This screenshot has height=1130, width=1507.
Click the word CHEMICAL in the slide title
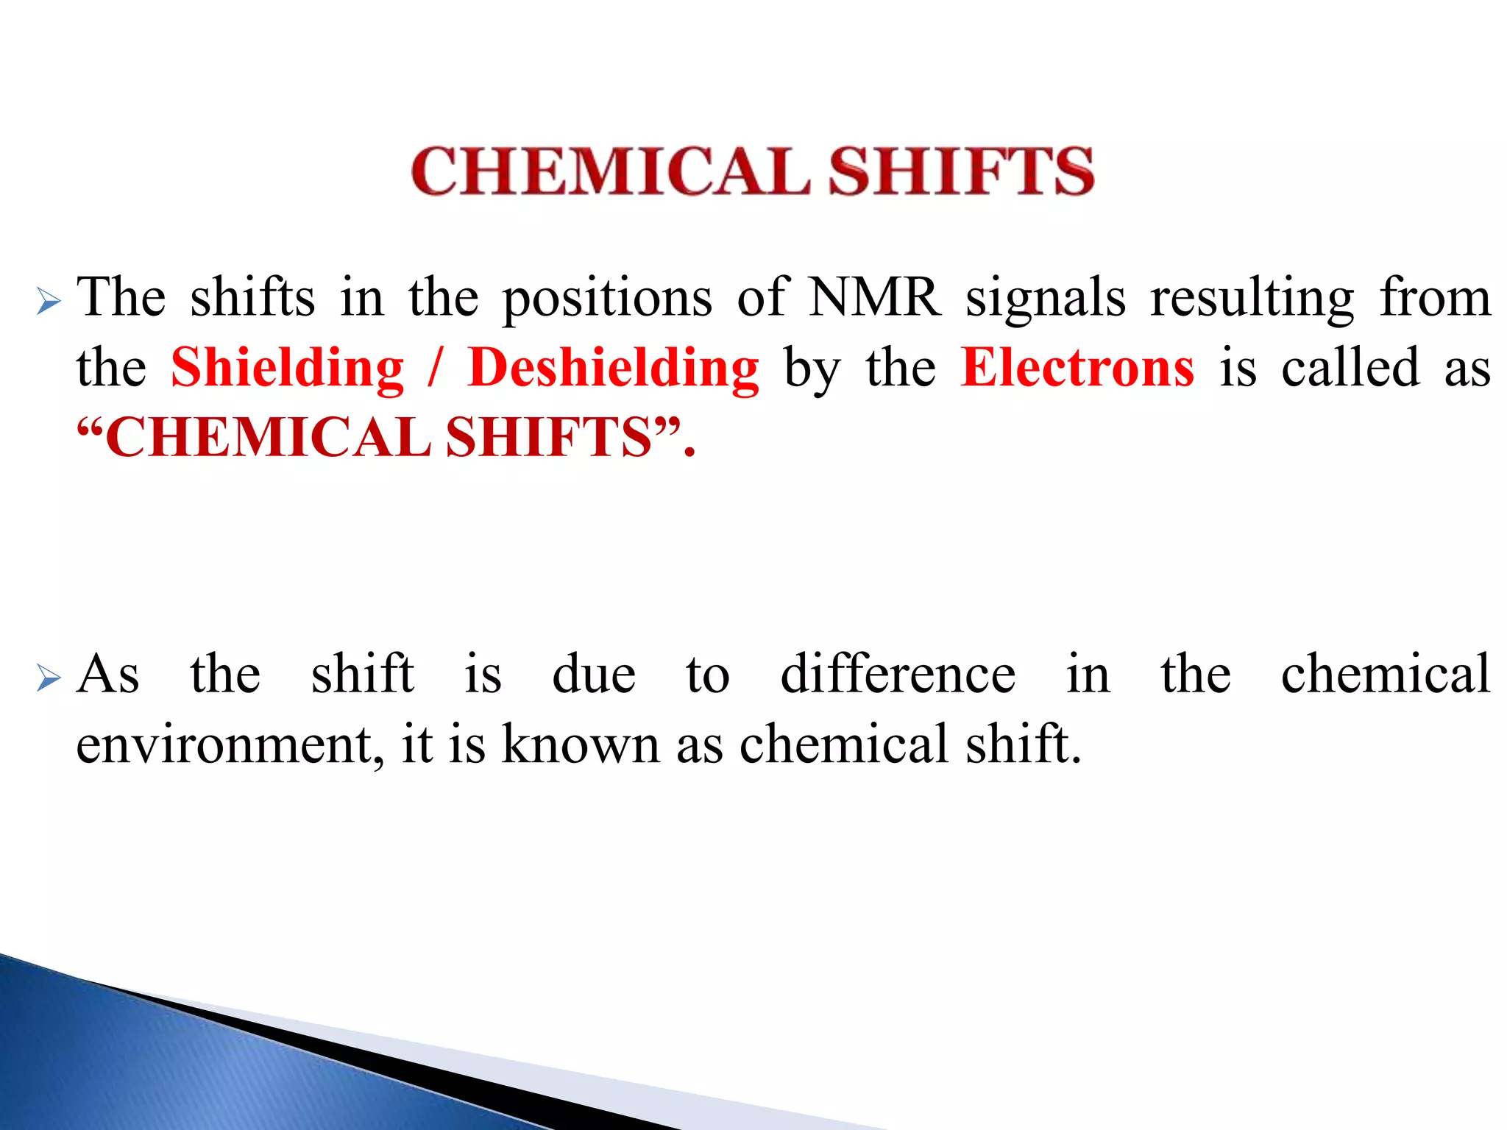click(x=609, y=171)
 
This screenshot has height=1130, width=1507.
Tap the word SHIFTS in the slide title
click(x=961, y=171)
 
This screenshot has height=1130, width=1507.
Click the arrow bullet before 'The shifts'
click(x=49, y=301)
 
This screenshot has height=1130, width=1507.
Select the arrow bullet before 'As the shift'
click(x=49, y=678)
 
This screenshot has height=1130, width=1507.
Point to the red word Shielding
click(x=288, y=368)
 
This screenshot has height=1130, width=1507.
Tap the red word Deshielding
click(x=613, y=368)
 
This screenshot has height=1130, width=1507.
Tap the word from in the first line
click(x=1435, y=297)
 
